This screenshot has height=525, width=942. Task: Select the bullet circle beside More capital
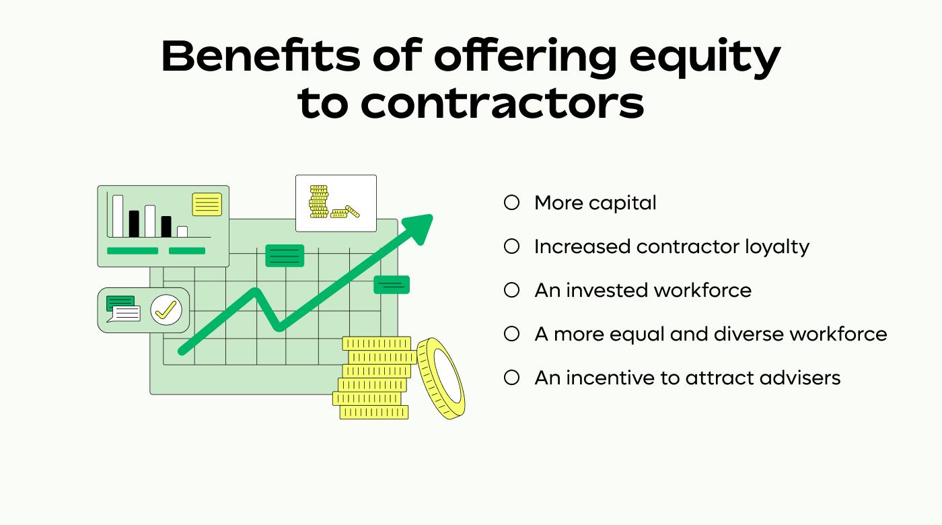[512, 203]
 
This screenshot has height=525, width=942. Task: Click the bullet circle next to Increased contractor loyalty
[512, 246]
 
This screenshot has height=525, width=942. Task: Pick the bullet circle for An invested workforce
[512, 290]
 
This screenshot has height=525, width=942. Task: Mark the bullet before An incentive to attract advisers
[512, 378]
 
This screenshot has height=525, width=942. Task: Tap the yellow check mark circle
[166, 310]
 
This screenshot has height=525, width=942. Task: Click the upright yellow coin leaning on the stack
[441, 378]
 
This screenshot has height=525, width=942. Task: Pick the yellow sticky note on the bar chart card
[207, 205]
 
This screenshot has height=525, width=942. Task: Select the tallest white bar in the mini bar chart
[118, 216]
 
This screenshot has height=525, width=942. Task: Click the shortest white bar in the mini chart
[182, 232]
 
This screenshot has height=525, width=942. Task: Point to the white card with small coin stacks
[336, 203]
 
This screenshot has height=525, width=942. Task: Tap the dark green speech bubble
[120, 302]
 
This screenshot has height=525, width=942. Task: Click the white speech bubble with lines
[126, 314]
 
